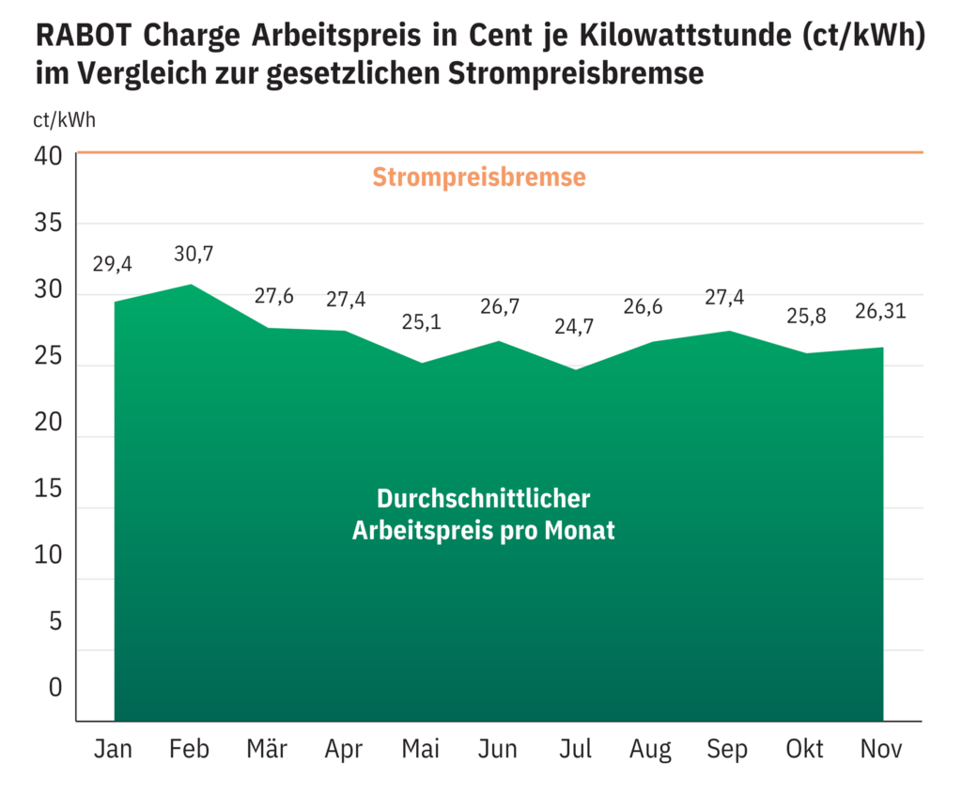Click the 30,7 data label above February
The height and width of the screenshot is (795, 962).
tap(194, 254)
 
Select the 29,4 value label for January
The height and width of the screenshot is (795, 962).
tap(113, 264)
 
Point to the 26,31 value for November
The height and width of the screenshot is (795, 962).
tap(880, 311)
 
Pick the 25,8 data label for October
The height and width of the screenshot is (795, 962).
tap(805, 316)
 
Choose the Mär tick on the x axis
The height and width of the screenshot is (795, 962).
tap(267, 749)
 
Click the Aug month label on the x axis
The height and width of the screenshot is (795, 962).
tap(651, 749)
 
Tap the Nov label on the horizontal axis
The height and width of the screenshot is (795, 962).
tap(881, 749)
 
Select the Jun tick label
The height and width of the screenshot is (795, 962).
tap(497, 749)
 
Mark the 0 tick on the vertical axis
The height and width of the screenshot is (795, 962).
tap(54, 688)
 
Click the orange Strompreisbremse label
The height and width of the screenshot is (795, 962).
tap(479, 177)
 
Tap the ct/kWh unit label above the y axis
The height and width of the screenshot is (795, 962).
tap(64, 119)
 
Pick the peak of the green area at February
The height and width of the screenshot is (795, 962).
tap(191, 285)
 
